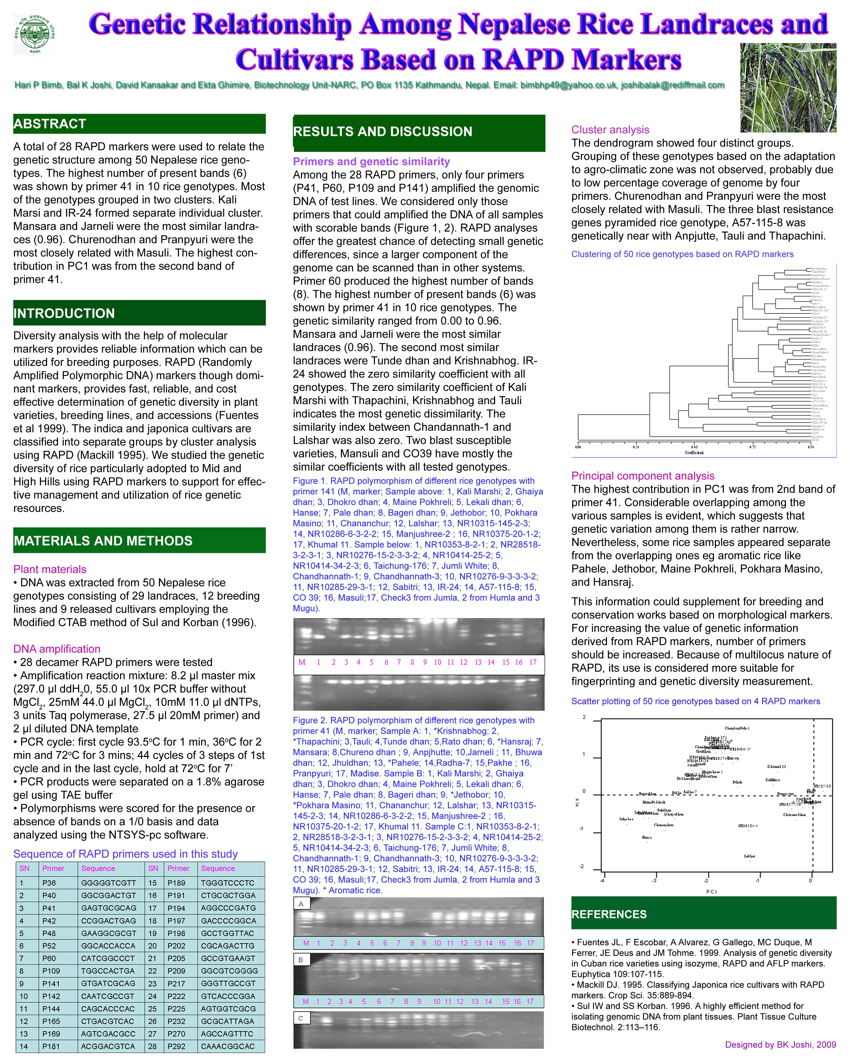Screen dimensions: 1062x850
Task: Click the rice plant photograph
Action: click(x=787, y=88)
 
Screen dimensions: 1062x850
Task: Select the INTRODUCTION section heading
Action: click(x=64, y=313)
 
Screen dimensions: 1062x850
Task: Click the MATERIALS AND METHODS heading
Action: click(x=103, y=541)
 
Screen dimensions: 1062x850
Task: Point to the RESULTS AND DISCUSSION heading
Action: click(x=382, y=131)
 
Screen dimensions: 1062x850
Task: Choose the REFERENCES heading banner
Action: click(x=609, y=914)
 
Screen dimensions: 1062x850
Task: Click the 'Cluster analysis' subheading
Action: click(x=610, y=130)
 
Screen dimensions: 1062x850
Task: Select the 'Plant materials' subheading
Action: click(x=50, y=569)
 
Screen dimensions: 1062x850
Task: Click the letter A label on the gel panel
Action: click(x=301, y=903)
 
